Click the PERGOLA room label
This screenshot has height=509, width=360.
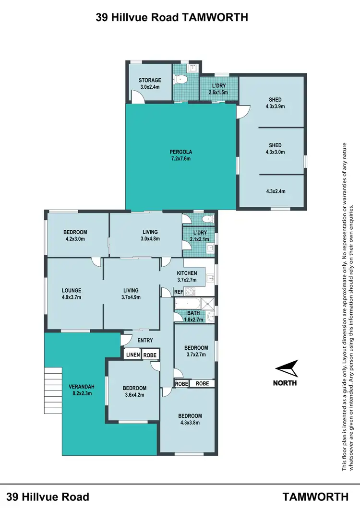pyautogui.click(x=180, y=152)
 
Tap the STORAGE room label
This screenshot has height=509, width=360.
pyautogui.click(x=150, y=80)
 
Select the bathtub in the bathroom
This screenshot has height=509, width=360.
pyautogui.click(x=188, y=304)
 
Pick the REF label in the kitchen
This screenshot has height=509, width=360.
pyautogui.click(x=178, y=291)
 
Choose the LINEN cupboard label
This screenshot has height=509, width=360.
pyautogui.click(x=133, y=355)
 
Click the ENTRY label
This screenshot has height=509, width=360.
pyautogui.click(x=145, y=340)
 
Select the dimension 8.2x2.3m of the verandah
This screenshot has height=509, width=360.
pyautogui.click(x=78, y=393)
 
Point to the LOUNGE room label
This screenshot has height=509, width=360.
pyautogui.click(x=71, y=290)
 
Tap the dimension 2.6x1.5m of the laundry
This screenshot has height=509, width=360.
pyautogui.click(x=218, y=92)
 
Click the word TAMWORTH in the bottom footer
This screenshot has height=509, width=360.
pyautogui.click(x=315, y=496)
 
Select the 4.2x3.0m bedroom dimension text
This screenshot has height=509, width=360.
pyautogui.click(x=77, y=238)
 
